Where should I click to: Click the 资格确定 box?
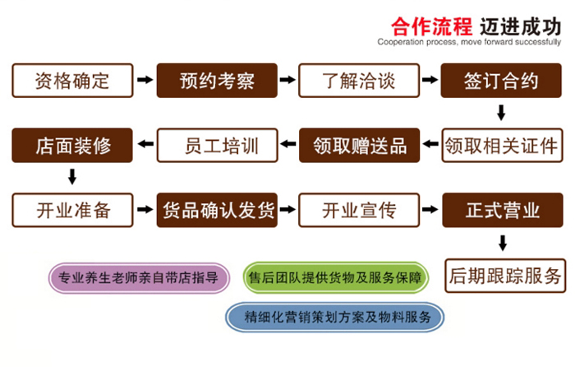tap(72, 81)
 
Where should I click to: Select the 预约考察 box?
tap(217, 81)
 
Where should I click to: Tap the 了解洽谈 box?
tap(358, 81)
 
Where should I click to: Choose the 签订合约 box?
tap(502, 81)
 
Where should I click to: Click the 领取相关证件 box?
tap(502, 146)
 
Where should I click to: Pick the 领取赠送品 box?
tap(359, 146)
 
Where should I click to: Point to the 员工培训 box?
tap(217, 146)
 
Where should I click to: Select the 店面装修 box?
tap(72, 146)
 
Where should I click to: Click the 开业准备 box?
tap(72, 210)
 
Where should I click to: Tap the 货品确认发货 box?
tap(217, 210)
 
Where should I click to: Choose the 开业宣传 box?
tap(359, 210)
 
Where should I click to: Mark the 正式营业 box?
tap(502, 210)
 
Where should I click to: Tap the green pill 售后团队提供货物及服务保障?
tap(336, 278)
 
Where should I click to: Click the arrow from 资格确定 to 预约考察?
tap(145, 81)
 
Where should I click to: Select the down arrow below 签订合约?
tap(503, 112)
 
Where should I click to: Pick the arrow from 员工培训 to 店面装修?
tap(145, 146)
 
